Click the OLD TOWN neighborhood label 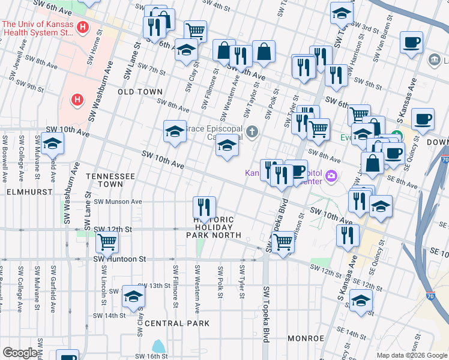coord(140,92)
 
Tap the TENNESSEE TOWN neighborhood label coord(109,176)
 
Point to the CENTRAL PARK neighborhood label coord(177,323)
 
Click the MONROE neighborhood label coord(306,338)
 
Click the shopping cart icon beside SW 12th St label coord(107,242)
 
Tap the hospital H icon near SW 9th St coord(77,99)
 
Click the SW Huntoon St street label coord(120,259)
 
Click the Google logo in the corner coord(20,353)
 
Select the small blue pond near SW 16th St coord(158,346)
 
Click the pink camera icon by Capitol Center coord(331,176)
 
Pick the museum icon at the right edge coord(434,60)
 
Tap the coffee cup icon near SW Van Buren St coord(412,43)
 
